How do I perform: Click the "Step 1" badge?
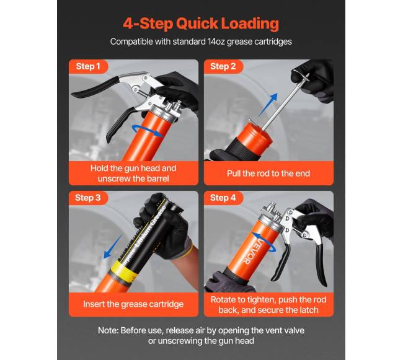click(x=88, y=66)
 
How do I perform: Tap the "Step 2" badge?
click(x=223, y=66)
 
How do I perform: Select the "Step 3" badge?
click(x=88, y=198)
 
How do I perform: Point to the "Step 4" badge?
click(x=223, y=198)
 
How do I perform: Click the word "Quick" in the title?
click(x=197, y=24)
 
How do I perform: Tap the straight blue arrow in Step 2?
click(x=268, y=105)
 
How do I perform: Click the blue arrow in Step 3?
click(x=113, y=246)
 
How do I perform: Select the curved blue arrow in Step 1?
click(x=146, y=130)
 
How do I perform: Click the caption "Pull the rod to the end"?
click(x=268, y=173)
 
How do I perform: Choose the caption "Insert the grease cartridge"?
click(x=133, y=304)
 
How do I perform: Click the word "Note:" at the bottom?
click(x=108, y=330)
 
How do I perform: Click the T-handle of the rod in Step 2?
click(x=303, y=77)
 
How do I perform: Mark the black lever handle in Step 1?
click(x=96, y=87)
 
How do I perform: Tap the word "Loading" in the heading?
click(x=250, y=24)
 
